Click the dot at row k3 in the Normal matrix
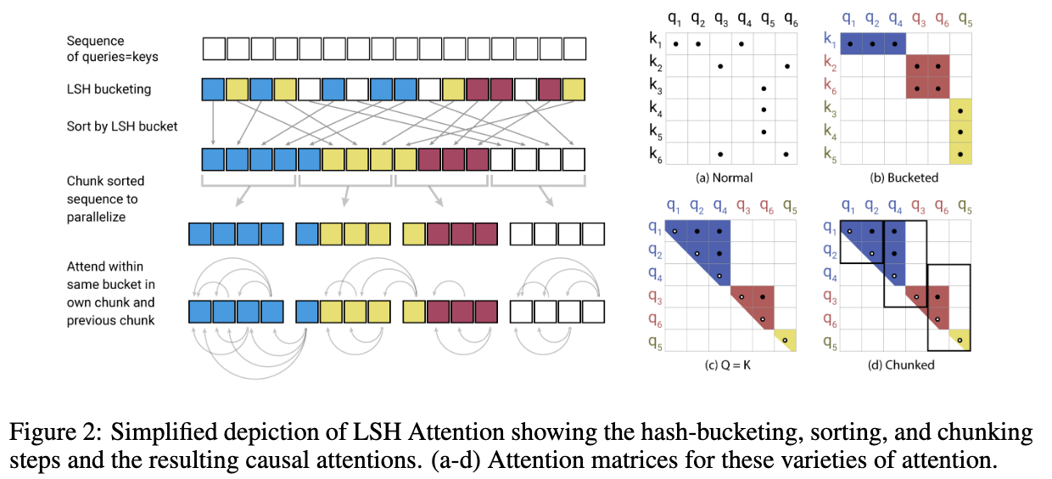pyautogui.click(x=764, y=88)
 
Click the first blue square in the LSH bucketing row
pyautogui.click(x=214, y=89)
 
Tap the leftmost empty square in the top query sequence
pyautogui.click(x=214, y=48)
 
